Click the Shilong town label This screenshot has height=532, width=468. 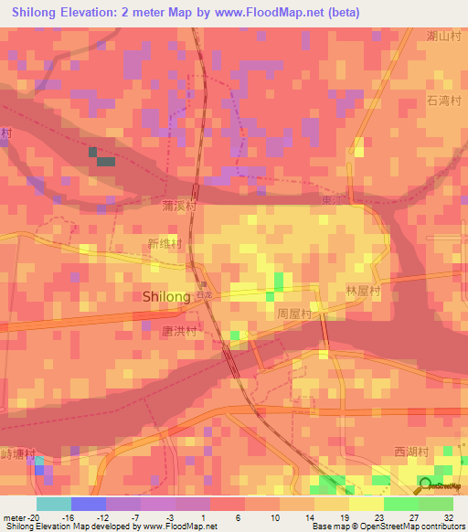tap(166, 297)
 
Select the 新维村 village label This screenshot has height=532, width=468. tap(165, 244)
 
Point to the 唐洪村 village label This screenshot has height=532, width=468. tap(179, 331)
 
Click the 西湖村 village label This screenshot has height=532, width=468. tap(411, 452)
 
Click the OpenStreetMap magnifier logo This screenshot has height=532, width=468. tap(425, 485)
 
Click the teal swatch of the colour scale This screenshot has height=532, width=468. tap(53, 504)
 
